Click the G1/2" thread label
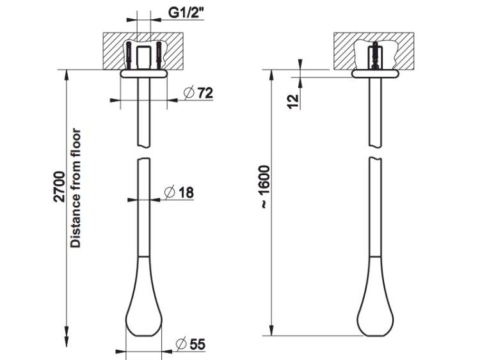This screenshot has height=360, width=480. (186, 13)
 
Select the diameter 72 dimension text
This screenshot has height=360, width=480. (198, 93)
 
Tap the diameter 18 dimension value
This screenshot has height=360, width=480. (179, 192)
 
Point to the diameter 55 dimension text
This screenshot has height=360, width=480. (191, 344)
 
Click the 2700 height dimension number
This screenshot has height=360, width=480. (60, 187)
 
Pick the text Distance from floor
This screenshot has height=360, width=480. (76, 188)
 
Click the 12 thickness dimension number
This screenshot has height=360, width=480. (293, 101)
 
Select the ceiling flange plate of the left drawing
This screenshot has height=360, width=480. (144, 74)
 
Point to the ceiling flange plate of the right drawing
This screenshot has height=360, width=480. (375, 74)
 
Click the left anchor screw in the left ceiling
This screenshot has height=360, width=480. (129, 56)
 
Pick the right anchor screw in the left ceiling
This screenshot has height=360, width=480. (159, 56)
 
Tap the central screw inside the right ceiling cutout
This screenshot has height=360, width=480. (374, 55)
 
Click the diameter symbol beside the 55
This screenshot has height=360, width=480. (181, 344)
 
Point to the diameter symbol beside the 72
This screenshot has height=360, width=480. (189, 93)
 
